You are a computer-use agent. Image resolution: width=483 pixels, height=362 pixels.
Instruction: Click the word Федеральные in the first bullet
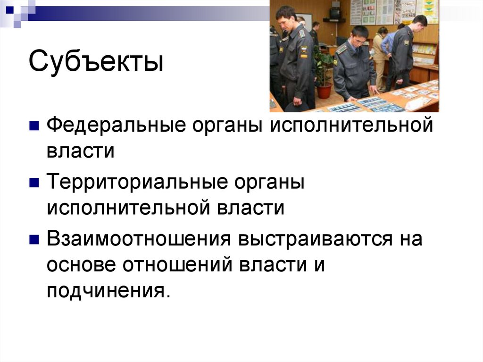pyautogui.click(x=108, y=126)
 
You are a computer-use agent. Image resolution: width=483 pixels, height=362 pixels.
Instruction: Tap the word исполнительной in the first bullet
pyautogui.click(x=350, y=126)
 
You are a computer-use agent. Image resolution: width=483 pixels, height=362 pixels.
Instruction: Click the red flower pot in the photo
pyautogui.click(x=324, y=90)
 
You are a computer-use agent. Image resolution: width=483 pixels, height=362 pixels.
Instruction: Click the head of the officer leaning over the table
pyautogui.click(x=359, y=36)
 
